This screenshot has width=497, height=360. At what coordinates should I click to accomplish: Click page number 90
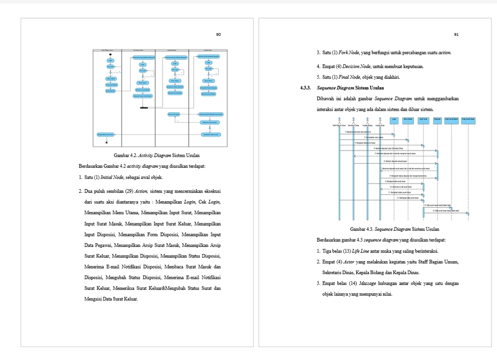pos(218,35)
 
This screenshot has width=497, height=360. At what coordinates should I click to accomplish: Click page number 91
pos(456,35)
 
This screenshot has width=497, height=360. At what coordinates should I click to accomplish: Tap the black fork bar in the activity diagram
pos(144,108)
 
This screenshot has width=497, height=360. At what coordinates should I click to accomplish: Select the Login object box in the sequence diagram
pos(394,119)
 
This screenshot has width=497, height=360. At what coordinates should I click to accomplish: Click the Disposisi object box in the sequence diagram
pos(437,119)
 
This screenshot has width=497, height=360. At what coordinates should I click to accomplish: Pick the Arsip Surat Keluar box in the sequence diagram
pos(468,119)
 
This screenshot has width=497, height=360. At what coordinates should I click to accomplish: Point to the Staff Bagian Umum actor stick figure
pos(339,122)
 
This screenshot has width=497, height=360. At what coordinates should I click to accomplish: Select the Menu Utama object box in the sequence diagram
pos(407,119)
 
